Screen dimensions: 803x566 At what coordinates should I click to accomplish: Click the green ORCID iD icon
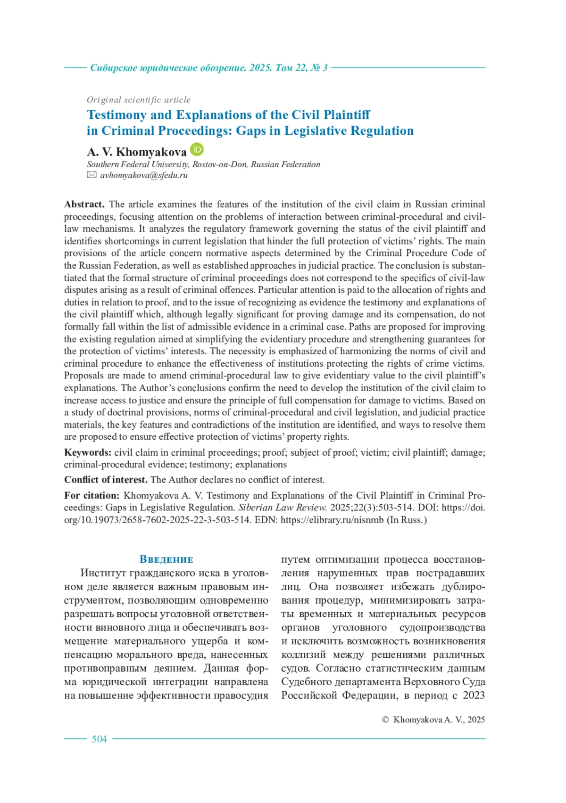[x=197, y=149]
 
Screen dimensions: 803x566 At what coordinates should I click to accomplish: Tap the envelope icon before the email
[x=92, y=175]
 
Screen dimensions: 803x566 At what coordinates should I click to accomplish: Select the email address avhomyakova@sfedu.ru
[x=144, y=175]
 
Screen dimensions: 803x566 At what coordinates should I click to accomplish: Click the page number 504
[x=99, y=739]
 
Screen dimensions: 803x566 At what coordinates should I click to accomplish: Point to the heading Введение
[x=166, y=559]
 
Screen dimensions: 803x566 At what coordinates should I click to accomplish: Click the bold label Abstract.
[x=84, y=204]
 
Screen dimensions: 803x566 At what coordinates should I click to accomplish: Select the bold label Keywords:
[x=88, y=452]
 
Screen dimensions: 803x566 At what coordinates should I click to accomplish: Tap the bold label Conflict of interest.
[x=106, y=480]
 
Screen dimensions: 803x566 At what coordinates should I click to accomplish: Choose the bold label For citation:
[x=92, y=495]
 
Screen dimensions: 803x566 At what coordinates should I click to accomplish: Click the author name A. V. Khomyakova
[x=136, y=152]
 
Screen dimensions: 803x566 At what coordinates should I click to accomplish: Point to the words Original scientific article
[x=139, y=100]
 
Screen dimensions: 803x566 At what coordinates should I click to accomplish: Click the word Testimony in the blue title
[x=117, y=115]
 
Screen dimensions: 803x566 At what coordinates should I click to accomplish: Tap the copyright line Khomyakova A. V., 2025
[x=439, y=720]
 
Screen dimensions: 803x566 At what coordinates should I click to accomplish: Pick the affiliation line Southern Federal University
[x=138, y=164]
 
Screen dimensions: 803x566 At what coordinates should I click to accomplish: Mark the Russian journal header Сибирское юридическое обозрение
[x=167, y=68]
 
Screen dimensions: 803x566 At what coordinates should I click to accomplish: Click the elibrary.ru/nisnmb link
[x=332, y=520]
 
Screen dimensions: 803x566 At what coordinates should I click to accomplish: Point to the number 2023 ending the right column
[x=474, y=695]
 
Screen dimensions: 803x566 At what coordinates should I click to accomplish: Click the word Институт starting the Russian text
[x=103, y=573]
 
